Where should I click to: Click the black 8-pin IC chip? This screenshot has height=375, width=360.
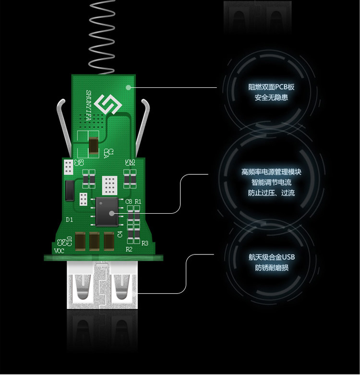click(108, 210)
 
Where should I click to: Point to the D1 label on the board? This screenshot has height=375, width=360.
click(69, 219)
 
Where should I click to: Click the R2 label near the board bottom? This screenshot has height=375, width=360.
click(129, 250)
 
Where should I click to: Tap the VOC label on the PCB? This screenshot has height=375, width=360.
click(59, 251)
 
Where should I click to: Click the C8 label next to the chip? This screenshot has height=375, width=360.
click(128, 201)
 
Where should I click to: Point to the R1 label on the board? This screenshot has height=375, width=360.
click(138, 201)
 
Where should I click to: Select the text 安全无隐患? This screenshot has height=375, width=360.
click(271, 98)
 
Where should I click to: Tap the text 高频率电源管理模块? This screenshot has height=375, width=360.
click(271, 172)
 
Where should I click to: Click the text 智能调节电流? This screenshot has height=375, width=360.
click(271, 182)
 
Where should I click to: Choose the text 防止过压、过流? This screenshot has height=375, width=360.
click(271, 193)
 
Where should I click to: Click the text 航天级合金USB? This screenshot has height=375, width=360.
click(271, 257)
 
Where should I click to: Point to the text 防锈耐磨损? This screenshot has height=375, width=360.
click(271, 267)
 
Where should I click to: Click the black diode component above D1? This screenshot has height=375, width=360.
click(70, 190)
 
